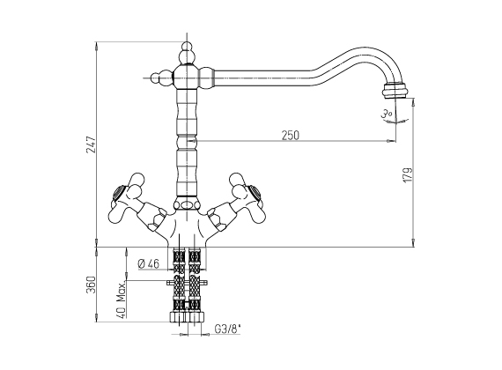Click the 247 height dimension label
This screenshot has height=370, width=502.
91,144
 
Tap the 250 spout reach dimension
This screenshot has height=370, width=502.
291,135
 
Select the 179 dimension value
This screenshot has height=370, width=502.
407,175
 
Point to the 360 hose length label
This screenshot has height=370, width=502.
91,285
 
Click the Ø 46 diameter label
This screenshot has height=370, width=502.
149,263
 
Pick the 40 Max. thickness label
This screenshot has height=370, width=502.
121,300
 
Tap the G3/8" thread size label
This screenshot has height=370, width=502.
227,329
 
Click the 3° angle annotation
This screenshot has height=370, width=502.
387,114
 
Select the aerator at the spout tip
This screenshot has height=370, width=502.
395,91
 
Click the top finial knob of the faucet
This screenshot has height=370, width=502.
187,53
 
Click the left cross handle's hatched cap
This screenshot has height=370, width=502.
118,195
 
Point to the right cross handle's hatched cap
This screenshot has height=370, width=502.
255,194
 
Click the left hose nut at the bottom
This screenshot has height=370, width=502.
177,317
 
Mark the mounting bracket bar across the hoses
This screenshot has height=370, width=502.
187,283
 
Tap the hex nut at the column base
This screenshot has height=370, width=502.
187,204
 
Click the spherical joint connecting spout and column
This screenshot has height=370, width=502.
187,77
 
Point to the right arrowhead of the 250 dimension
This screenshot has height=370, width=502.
389,141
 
